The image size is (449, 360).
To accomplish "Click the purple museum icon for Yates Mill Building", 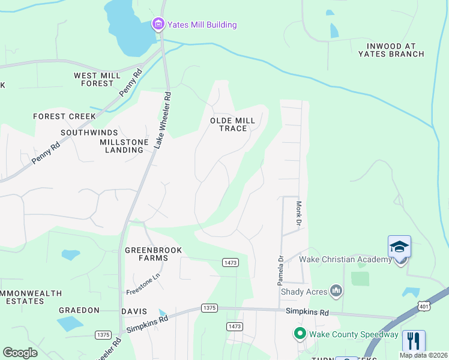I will point(158,24).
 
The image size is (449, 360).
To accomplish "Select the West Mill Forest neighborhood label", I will point(94,79).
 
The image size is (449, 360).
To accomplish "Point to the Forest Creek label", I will point(64,116).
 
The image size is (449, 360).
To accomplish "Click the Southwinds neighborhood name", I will point(89,132).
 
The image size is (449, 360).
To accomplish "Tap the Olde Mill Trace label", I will point(232,124).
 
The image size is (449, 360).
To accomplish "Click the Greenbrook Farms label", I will point(153,254).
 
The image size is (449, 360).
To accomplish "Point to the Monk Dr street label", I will point(298,213).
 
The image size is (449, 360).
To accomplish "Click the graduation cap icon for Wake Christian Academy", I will point(399,247).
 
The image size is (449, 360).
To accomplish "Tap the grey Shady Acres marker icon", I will point(336,292).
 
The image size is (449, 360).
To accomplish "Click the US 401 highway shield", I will point(424,306).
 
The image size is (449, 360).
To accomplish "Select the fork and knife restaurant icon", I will point(414,341).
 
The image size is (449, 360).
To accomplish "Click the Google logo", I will point(20,352).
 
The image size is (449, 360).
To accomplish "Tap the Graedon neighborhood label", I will point(79,310).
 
